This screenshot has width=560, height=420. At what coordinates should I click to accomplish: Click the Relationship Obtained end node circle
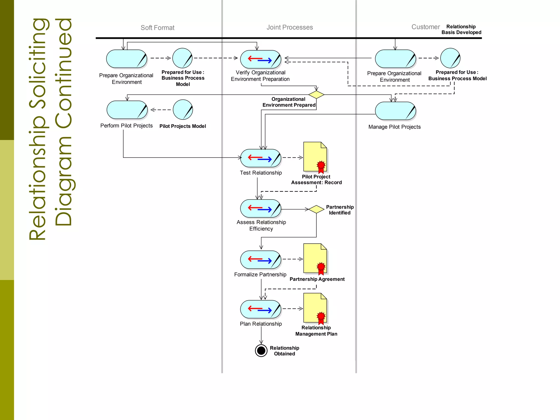tap(261, 350)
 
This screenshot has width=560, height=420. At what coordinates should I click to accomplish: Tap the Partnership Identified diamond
tap(316, 209)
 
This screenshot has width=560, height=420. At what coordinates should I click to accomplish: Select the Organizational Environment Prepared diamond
tap(316, 95)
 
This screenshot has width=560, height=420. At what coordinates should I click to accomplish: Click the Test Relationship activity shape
tap(261, 158)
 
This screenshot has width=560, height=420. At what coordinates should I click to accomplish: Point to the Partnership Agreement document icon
tap(315, 259)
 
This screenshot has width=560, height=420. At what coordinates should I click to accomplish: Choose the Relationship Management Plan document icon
tap(315, 308)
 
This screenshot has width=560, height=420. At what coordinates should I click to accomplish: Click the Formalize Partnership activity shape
tap(261, 259)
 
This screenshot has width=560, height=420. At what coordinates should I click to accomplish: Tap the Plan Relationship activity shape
tap(261, 309)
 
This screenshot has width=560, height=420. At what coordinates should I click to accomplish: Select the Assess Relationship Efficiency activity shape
tap(261, 209)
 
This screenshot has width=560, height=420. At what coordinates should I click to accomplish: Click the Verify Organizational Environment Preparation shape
tap(261, 59)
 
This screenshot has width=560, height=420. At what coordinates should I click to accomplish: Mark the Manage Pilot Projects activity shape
tap(395, 111)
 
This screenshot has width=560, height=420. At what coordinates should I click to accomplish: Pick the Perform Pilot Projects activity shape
tap(127, 110)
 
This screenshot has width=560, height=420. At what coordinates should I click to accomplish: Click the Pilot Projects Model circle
tap(183, 110)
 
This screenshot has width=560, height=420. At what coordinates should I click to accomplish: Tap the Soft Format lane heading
tap(157, 28)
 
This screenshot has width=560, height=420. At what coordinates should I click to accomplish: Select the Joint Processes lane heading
tap(290, 27)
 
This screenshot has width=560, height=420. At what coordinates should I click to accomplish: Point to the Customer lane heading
tap(425, 27)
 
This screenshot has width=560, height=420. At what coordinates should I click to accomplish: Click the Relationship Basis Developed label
tap(461, 30)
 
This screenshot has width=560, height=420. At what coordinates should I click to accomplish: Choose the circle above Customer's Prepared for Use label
tap(450, 58)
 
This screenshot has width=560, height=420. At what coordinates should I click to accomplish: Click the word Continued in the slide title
tap(63, 122)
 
